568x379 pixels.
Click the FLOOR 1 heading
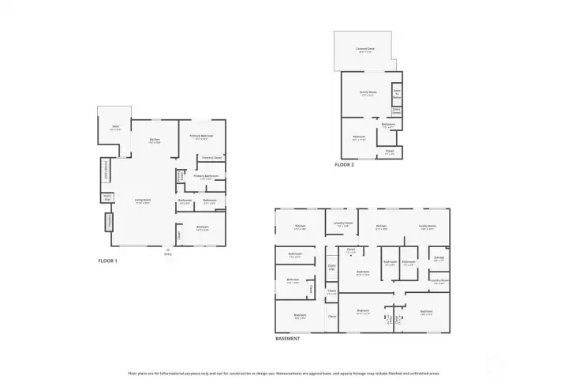coord(107,260)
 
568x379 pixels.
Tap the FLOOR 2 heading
coord(344,164)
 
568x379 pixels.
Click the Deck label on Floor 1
coord(115,128)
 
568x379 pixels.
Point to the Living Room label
coord(143,201)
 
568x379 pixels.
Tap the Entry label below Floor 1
coord(167,254)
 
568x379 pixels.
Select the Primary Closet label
coord(211,157)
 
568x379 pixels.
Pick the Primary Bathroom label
coord(206,177)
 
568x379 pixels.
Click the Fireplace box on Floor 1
coord(108,223)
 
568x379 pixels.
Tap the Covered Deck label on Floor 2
coord(365,49)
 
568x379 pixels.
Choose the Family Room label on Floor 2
coord(368,92)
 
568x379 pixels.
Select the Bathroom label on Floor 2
coord(388,125)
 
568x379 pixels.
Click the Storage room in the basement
coord(439,258)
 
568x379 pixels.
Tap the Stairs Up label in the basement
coord(332,267)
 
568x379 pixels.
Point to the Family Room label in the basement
coord(428,226)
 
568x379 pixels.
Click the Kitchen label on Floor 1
coord(155,141)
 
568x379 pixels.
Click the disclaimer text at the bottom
coord(284,372)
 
